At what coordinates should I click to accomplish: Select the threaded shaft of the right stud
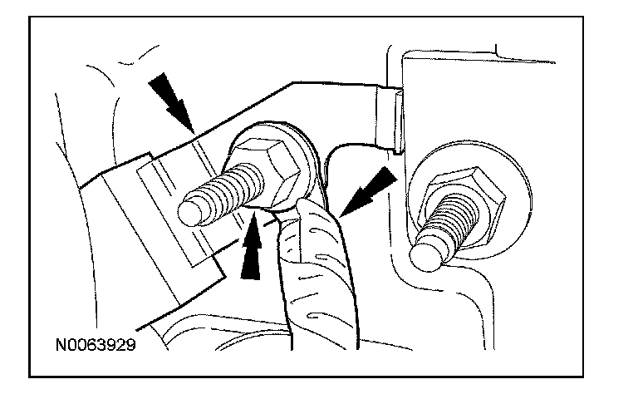coord(444,228)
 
